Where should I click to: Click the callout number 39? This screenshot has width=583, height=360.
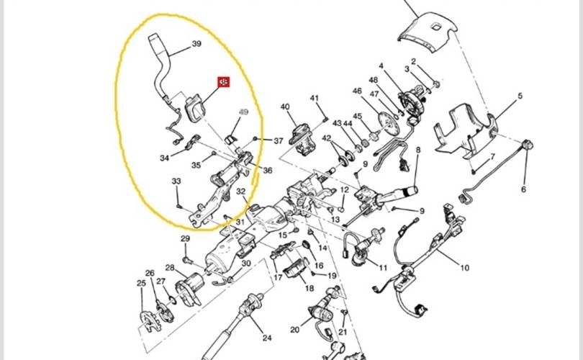(x=196, y=45)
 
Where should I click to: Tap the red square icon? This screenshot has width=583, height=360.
(x=225, y=83)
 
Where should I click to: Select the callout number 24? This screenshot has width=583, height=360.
(x=266, y=338)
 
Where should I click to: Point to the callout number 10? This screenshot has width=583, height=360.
(x=464, y=269)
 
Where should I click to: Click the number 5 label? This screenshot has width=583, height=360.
(x=520, y=96)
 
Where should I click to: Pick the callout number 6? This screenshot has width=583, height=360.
(x=523, y=189)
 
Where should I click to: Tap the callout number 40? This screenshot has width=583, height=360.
(x=285, y=107)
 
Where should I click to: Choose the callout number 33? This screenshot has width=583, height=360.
(x=176, y=182)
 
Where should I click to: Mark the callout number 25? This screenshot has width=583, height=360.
(x=141, y=283)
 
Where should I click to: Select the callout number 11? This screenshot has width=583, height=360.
(x=383, y=268)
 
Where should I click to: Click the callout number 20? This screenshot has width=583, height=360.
(x=294, y=330)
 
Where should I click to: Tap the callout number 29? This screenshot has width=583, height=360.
(x=185, y=239)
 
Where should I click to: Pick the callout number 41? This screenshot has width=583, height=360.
(x=314, y=98)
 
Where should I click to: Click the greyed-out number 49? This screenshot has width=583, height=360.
(x=243, y=112)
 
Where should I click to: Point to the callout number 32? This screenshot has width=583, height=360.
(x=242, y=192)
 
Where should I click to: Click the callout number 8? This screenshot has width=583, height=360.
(x=417, y=150)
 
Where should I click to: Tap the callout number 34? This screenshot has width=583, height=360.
(x=165, y=158)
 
